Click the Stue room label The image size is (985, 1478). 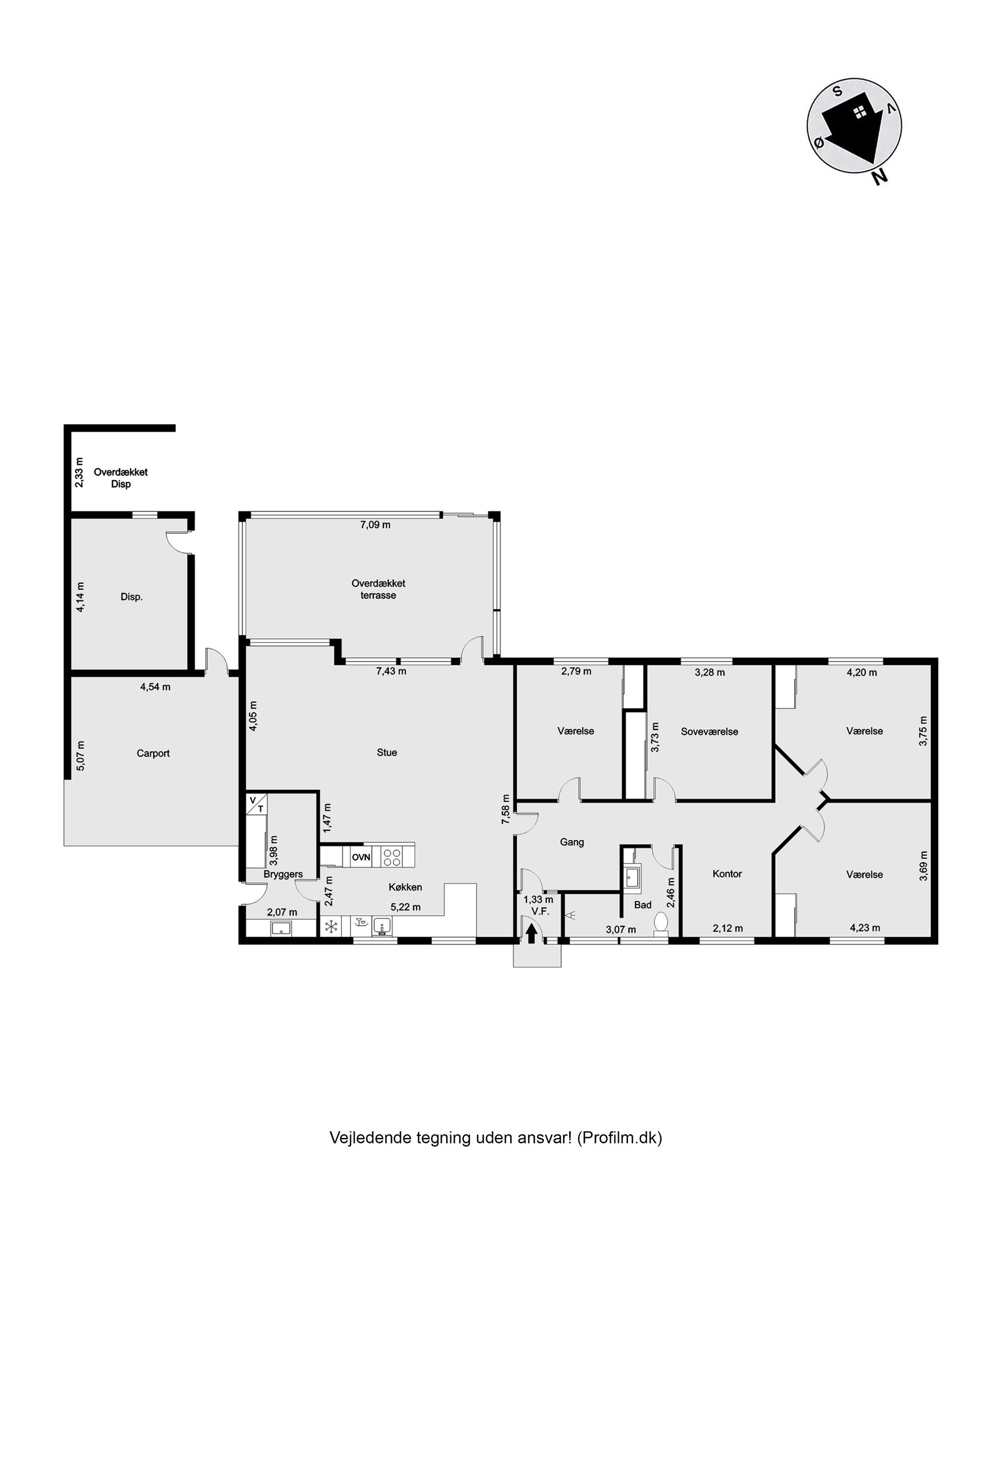click(x=387, y=752)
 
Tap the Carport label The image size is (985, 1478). click(x=153, y=753)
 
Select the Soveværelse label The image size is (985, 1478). click(x=709, y=732)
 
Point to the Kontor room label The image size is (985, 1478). click(x=727, y=873)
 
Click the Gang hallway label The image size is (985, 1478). click(x=572, y=842)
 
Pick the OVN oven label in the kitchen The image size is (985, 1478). click(x=361, y=857)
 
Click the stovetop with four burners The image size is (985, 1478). click(x=393, y=857)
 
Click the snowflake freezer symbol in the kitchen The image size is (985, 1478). click(x=331, y=926)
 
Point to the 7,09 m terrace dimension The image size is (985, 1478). click(x=375, y=525)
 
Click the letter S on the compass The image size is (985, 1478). click(x=837, y=91)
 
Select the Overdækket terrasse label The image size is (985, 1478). click(x=378, y=589)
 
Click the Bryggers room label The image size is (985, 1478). click(x=283, y=874)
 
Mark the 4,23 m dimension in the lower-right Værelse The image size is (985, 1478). click(x=864, y=928)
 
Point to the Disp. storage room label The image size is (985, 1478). click(x=132, y=597)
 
